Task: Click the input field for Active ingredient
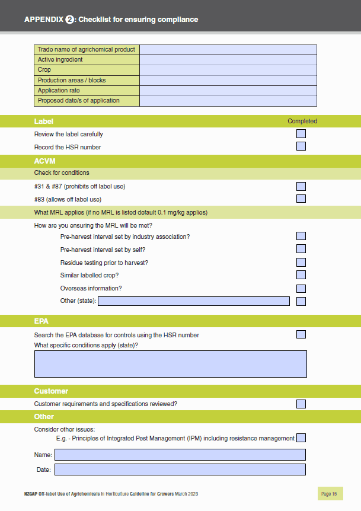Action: [228, 60]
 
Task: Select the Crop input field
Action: [228, 70]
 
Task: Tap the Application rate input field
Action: [228, 91]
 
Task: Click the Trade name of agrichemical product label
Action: [87, 50]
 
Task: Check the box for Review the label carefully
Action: [301, 134]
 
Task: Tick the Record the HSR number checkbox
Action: [301, 146]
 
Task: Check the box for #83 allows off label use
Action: [301, 199]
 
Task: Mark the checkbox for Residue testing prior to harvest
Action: [301, 263]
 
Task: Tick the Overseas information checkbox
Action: [301, 289]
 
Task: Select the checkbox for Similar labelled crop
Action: [301, 275]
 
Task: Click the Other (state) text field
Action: [194, 301]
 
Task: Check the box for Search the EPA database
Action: [301, 335]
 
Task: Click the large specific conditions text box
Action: [171, 364]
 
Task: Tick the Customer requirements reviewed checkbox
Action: [301, 404]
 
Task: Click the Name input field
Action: [180, 455]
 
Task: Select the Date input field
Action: [180, 470]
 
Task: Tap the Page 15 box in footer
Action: [330, 494]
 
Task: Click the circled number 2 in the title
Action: [69, 20]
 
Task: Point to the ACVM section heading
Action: [44, 161]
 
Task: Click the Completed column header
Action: [302, 121]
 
